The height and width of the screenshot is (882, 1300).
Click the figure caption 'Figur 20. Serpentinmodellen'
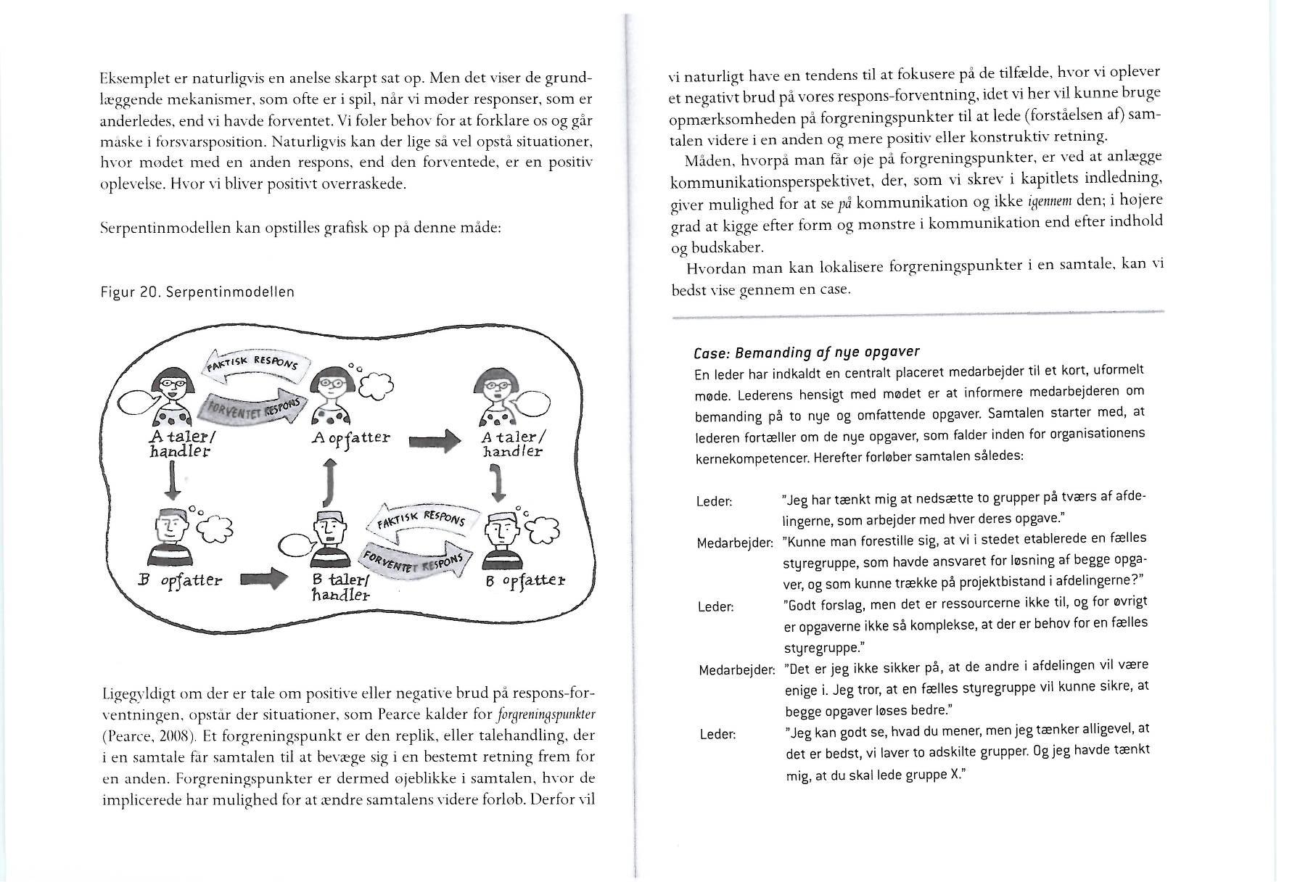pyautogui.click(x=197, y=292)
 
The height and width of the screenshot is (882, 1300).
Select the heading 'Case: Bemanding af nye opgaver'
pyautogui.click(x=806, y=353)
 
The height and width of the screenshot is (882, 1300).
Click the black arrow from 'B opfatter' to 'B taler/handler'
pyautogui.click(x=259, y=579)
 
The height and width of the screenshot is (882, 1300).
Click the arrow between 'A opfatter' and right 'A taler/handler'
pyautogui.click(x=435, y=440)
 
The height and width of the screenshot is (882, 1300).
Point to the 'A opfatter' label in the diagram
pyautogui.click(x=350, y=437)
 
